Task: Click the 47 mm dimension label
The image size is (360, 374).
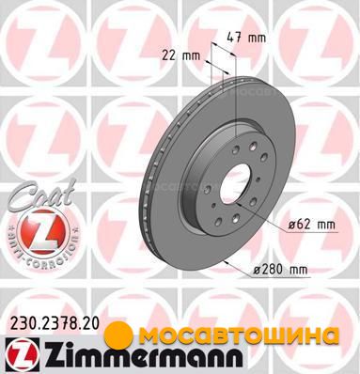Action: pos(246,38)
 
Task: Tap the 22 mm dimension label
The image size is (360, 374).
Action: pos(180,56)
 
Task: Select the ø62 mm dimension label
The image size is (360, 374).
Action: pos(311,225)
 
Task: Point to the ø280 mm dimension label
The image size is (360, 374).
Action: pos(280,269)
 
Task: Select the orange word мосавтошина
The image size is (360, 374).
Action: pos(238,335)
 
